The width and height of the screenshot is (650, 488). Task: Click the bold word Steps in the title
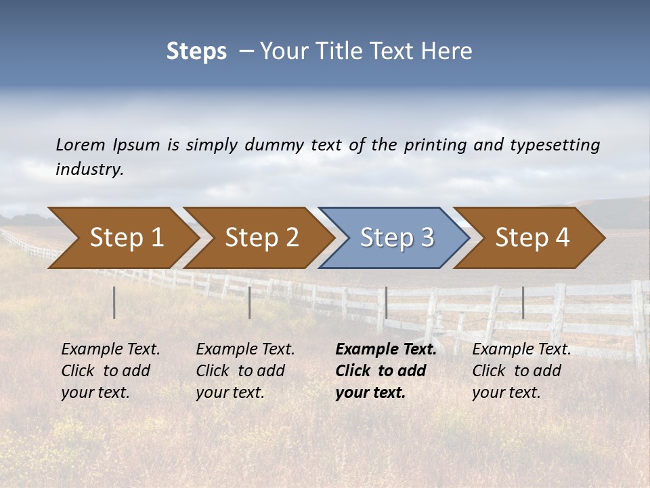[x=196, y=52]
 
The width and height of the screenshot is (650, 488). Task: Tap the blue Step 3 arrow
[x=397, y=238]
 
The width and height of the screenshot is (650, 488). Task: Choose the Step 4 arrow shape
[x=532, y=238]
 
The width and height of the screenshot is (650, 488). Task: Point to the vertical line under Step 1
[x=114, y=302]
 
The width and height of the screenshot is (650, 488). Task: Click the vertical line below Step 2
[x=250, y=302]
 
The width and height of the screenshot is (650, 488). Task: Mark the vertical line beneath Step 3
[x=386, y=302]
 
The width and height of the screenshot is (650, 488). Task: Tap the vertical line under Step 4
[x=523, y=302]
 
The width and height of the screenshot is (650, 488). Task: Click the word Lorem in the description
[x=81, y=144]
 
